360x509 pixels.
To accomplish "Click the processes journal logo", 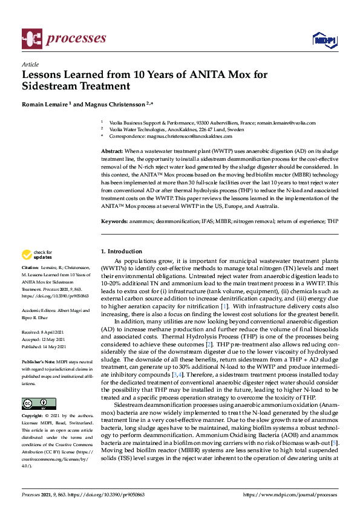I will click(64, 39).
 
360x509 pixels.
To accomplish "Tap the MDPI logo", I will click(323, 40).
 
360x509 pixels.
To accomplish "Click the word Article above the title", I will click(30, 64).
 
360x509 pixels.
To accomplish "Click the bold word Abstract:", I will click(112, 151).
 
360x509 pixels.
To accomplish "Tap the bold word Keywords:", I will click(114, 222).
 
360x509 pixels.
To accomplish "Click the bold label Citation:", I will click(30, 267).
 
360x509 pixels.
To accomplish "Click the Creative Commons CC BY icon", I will click(39, 403).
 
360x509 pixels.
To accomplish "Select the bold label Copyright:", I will click(32, 417).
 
